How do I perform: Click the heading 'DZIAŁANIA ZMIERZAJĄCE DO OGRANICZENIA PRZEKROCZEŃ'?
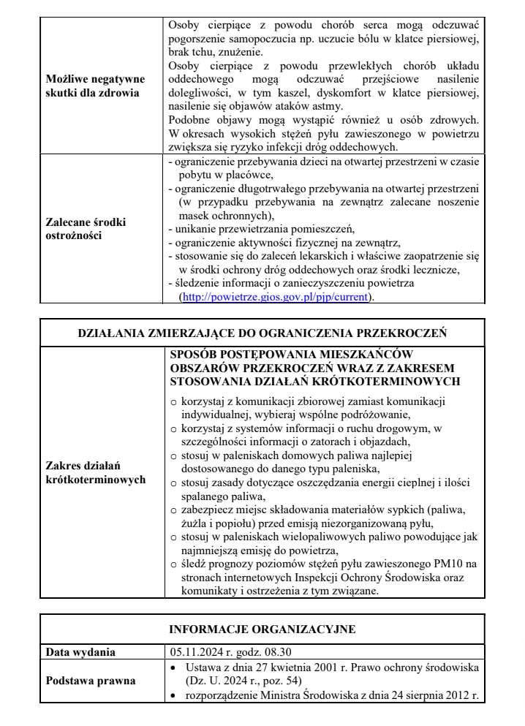click(262, 333)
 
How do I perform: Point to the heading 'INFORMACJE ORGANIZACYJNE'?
click(261, 628)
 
